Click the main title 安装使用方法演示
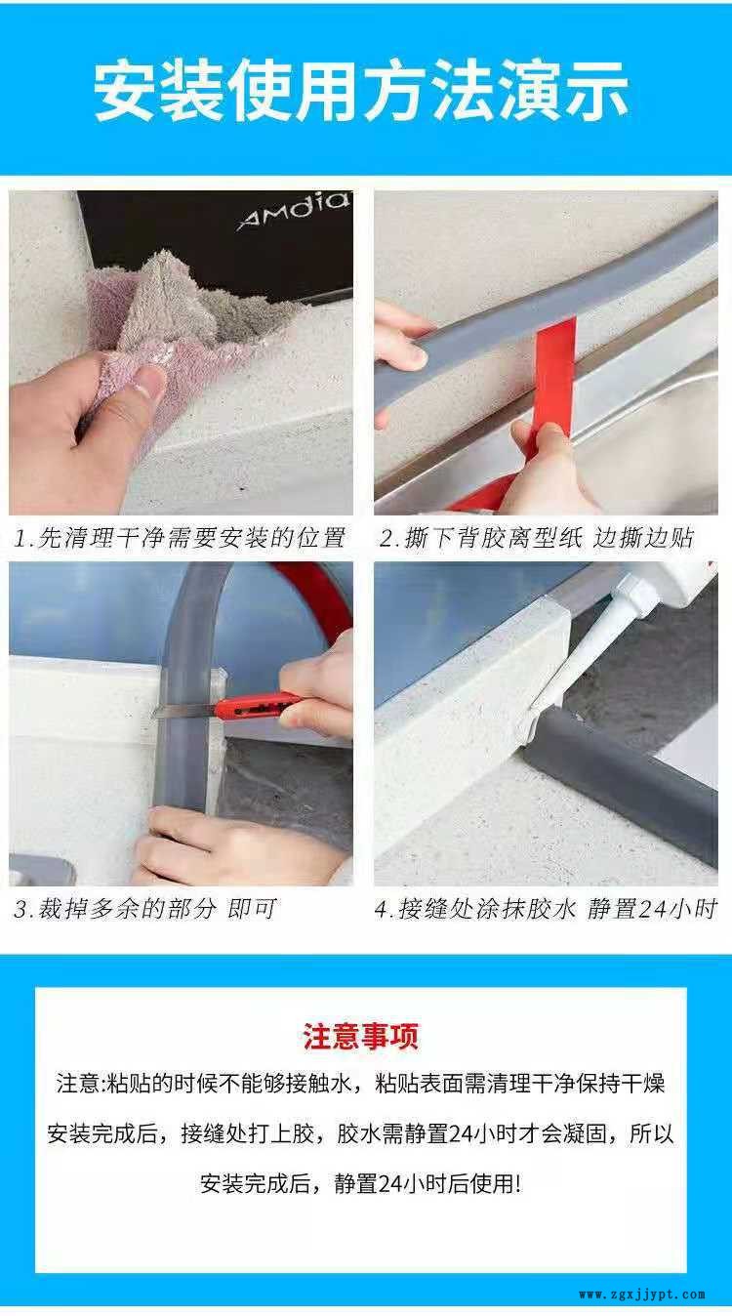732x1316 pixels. (x=361, y=91)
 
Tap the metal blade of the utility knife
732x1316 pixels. (x=183, y=712)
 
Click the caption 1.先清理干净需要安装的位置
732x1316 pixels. (x=180, y=538)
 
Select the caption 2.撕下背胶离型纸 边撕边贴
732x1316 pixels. (x=536, y=538)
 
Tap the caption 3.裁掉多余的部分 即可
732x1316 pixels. (x=144, y=909)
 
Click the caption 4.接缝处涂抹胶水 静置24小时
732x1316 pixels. (x=546, y=909)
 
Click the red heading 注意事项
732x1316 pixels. (x=361, y=1036)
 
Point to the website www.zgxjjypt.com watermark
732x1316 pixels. (x=642, y=1295)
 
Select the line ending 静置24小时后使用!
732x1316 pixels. (x=361, y=1184)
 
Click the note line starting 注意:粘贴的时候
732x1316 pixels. (x=361, y=1084)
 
